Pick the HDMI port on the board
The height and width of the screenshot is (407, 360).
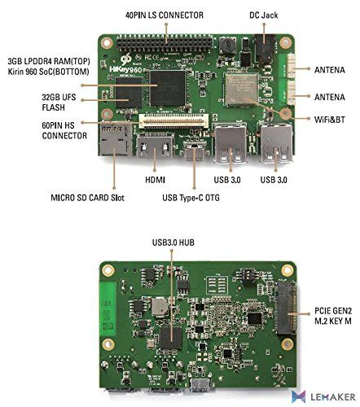coord(153,154)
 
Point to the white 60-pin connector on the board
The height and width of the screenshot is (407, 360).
coord(172,122)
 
